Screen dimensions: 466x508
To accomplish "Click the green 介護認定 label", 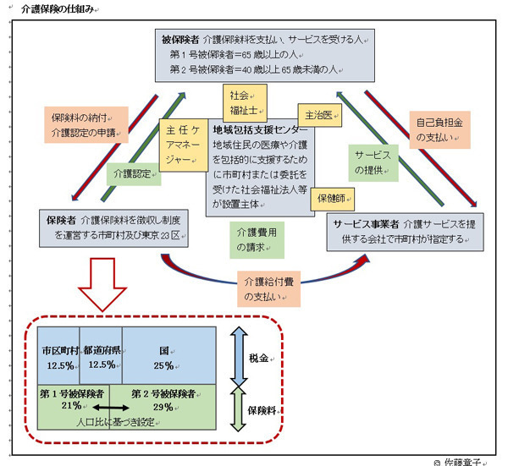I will click(x=131, y=174).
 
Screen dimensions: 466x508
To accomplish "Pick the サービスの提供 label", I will click(x=374, y=161).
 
